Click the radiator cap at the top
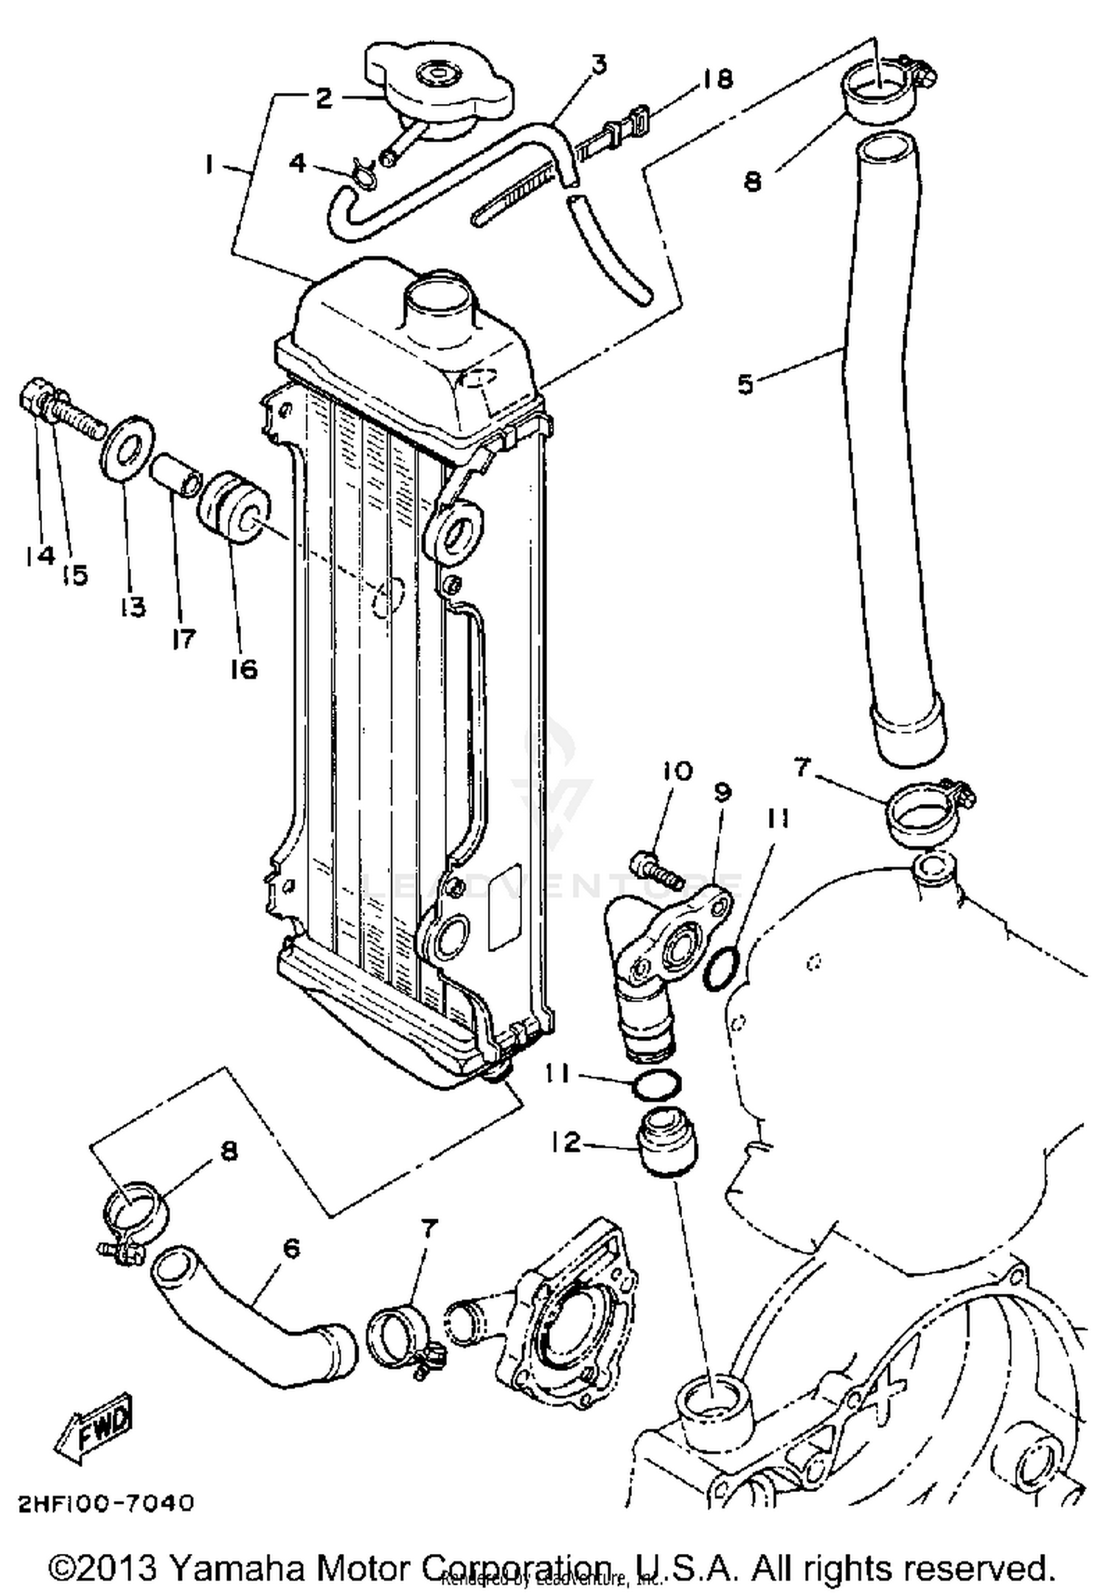coord(440,86)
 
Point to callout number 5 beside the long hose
coord(745,384)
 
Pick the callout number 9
coord(722,794)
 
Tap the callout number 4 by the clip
coord(297,162)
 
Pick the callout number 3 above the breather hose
coord(599,65)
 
